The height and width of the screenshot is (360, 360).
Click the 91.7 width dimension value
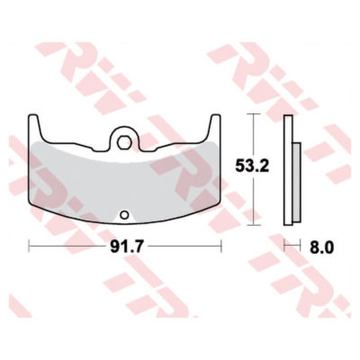pos(126,245)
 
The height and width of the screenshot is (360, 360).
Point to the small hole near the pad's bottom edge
pos(126,214)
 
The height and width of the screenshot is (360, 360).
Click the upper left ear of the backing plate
pos(33,119)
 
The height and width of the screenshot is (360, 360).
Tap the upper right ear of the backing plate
pos(218,119)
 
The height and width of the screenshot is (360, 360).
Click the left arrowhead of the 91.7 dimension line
pos(30,245)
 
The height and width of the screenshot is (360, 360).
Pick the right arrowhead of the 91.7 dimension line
pos(221,245)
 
